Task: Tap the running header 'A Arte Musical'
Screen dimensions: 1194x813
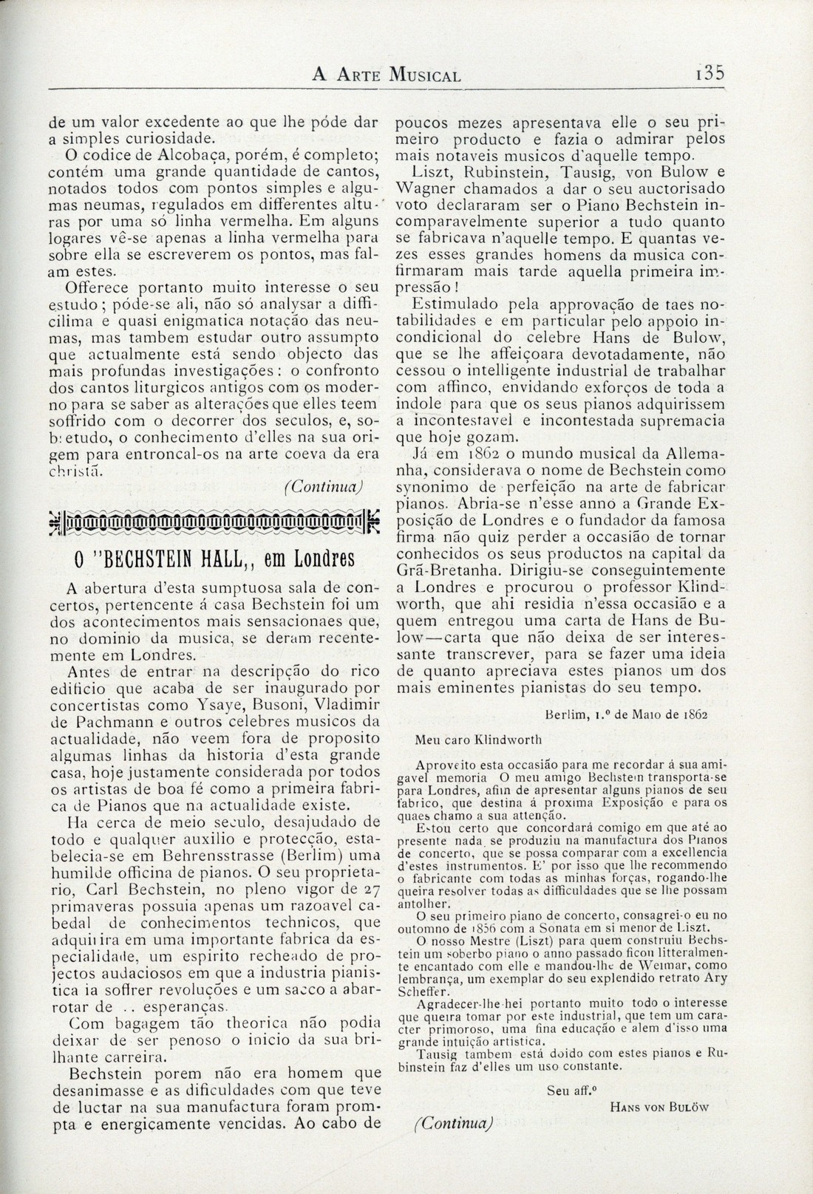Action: pyautogui.click(x=387, y=74)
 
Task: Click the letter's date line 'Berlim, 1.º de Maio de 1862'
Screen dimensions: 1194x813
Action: pyautogui.click(x=627, y=715)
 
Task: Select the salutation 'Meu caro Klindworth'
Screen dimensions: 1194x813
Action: pyautogui.click(x=479, y=738)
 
